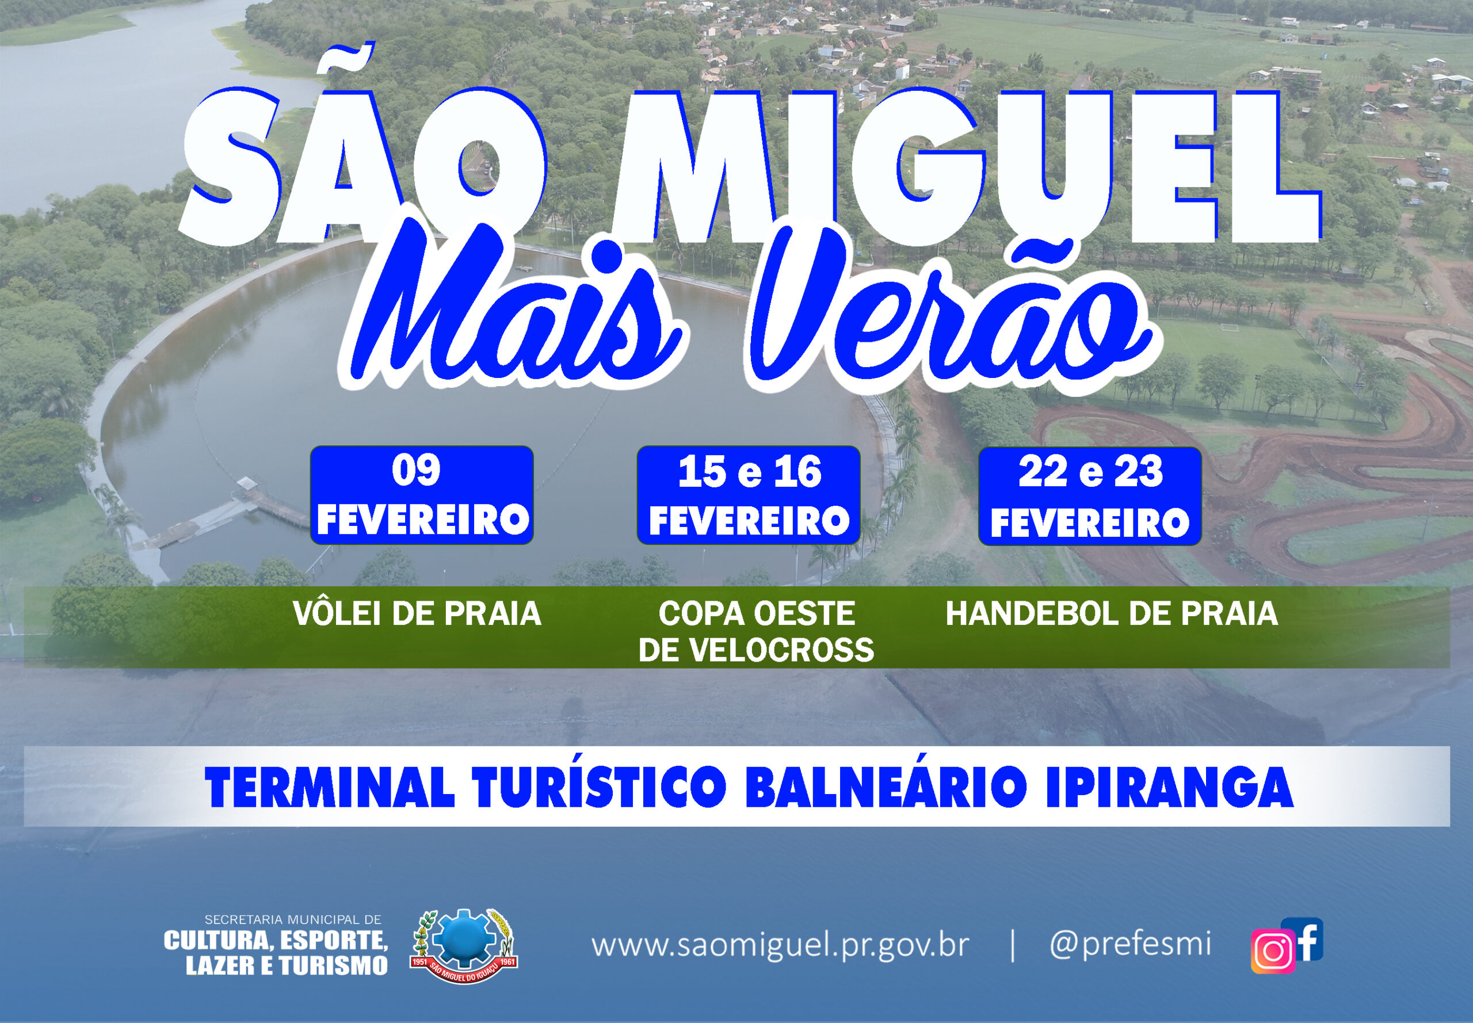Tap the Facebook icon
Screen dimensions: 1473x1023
(x=1303, y=938)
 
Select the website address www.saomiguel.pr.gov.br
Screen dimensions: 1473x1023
(x=780, y=946)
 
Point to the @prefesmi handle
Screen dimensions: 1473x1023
(x=1130, y=944)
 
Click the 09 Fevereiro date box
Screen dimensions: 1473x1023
(x=422, y=495)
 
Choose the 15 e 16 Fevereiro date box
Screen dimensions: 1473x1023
(x=748, y=495)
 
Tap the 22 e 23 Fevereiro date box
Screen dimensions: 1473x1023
(x=1090, y=496)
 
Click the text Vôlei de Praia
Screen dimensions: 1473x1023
(x=417, y=613)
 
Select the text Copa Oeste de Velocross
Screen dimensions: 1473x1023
(x=757, y=631)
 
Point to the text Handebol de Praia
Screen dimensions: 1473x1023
(x=1112, y=613)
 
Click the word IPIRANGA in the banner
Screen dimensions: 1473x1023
(x=1169, y=787)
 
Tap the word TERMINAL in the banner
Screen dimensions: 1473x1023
(x=330, y=787)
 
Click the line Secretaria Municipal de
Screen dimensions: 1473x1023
(x=293, y=920)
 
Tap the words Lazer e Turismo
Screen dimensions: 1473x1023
(x=287, y=965)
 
